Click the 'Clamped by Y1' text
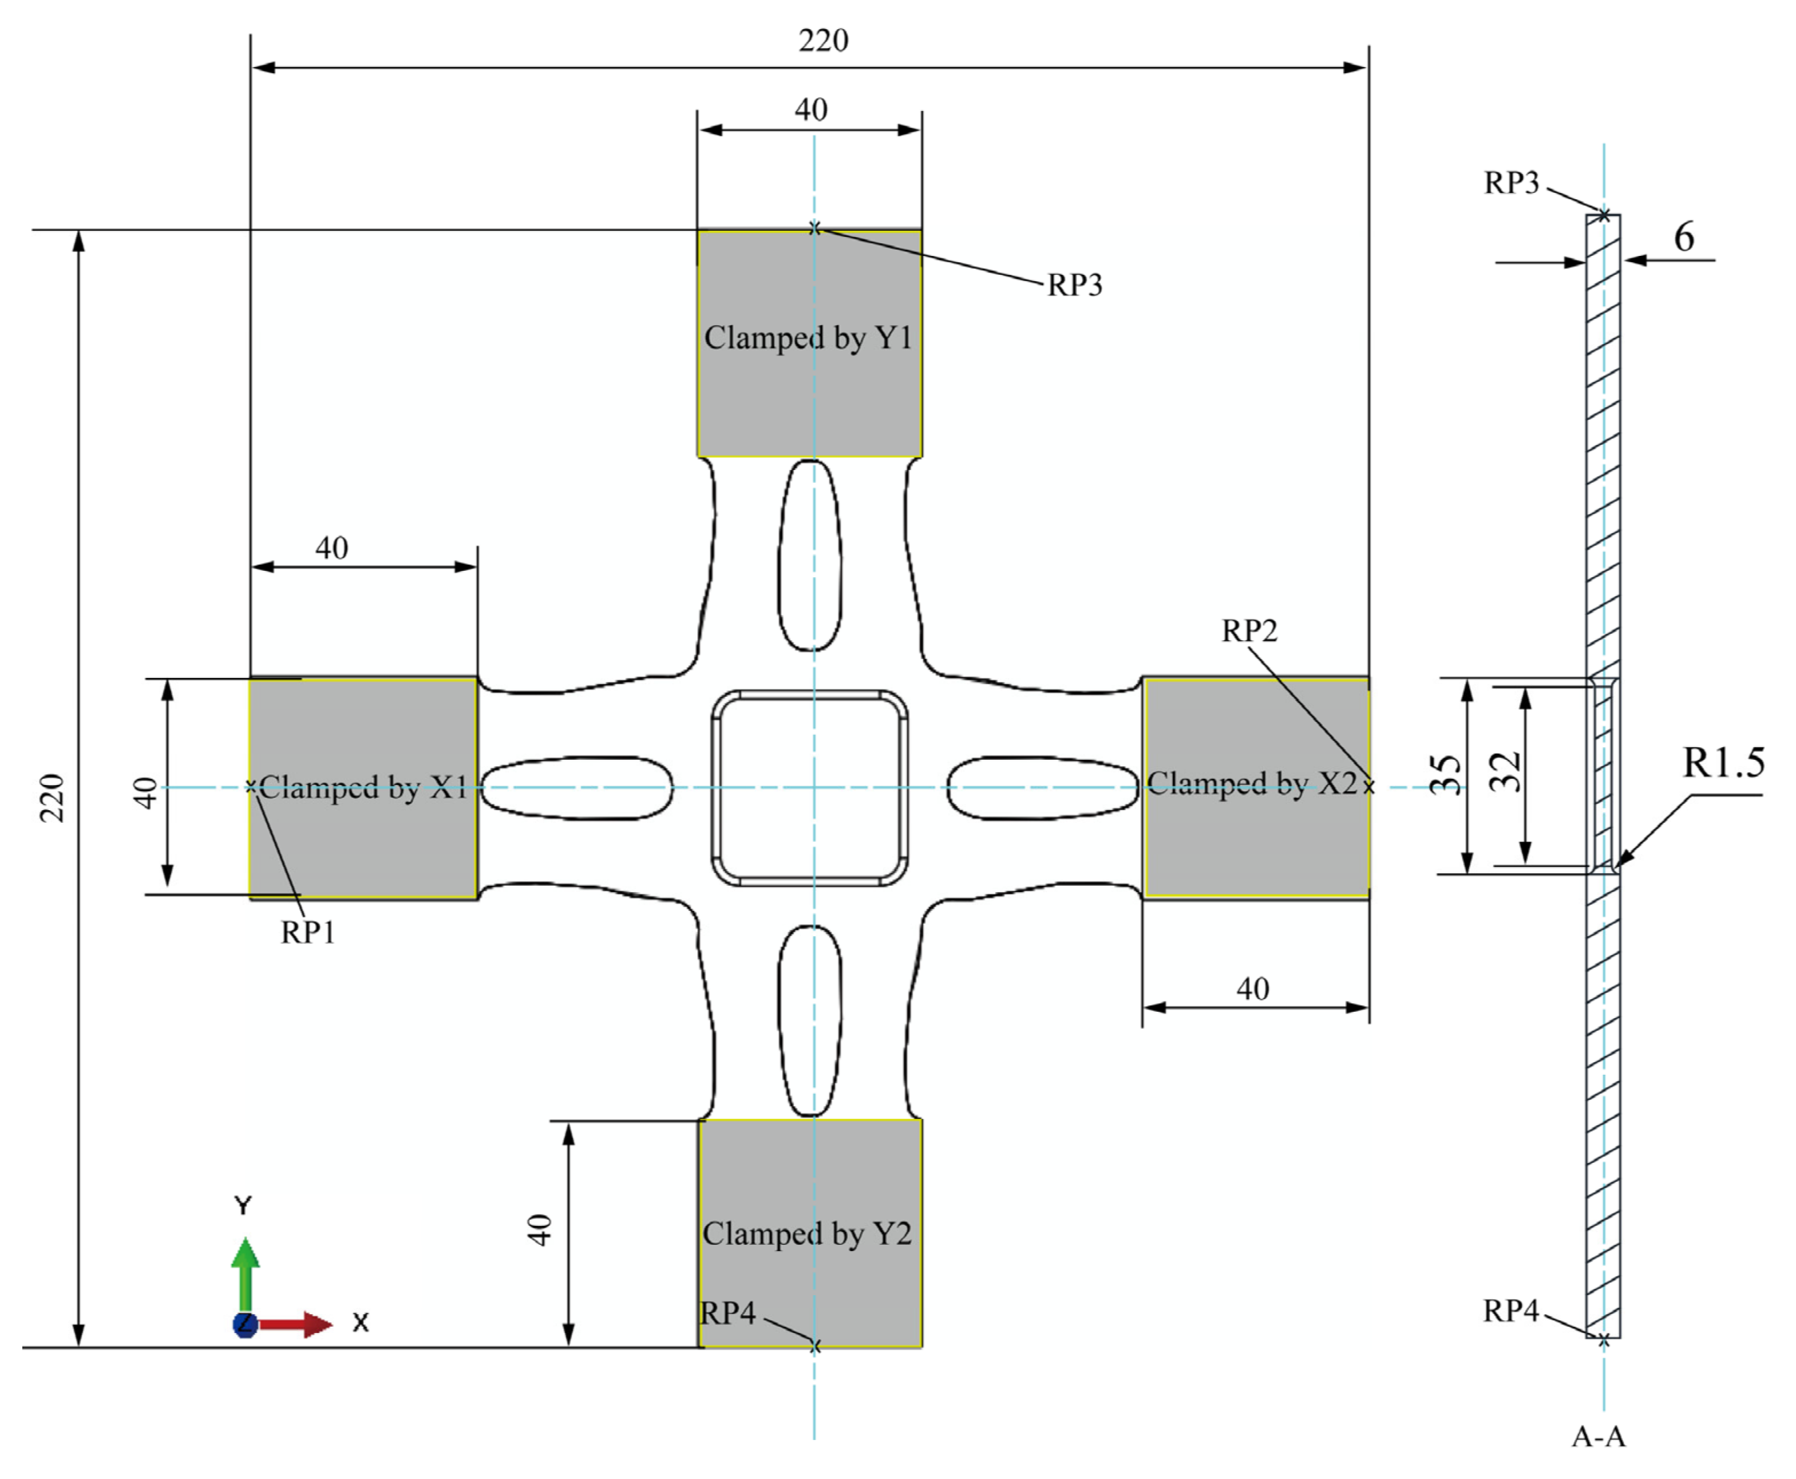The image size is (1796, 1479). (x=808, y=338)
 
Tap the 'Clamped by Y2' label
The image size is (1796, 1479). (x=806, y=1233)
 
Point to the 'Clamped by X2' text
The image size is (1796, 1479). (x=1251, y=783)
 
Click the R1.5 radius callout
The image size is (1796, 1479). (x=1723, y=763)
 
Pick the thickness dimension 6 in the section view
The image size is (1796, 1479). (x=1684, y=237)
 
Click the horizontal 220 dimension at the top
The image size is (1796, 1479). (x=822, y=40)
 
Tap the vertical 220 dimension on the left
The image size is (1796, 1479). (x=52, y=798)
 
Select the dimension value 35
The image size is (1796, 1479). (x=1445, y=775)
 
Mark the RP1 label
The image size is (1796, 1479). (x=307, y=933)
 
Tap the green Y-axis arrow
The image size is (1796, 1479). (x=246, y=1273)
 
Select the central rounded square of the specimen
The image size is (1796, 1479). (x=809, y=788)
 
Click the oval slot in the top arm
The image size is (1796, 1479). (x=810, y=555)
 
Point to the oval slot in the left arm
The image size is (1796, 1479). (x=577, y=788)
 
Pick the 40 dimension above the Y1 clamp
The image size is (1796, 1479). (x=810, y=109)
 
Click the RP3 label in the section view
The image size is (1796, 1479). (x=1511, y=182)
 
